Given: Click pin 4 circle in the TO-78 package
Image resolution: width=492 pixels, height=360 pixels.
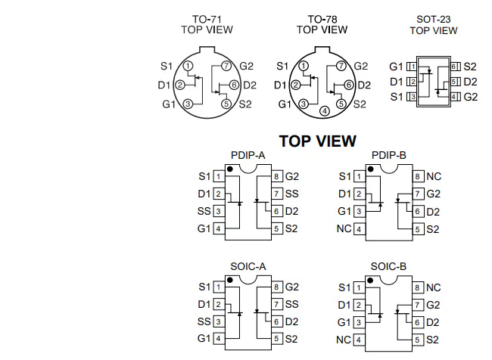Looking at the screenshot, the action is pos(325,111).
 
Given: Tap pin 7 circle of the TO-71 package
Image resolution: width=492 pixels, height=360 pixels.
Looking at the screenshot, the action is pos(226,66).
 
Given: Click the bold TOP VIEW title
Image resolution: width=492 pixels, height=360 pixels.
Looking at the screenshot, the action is pos(318,141).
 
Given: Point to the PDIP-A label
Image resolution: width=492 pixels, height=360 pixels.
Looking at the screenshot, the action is pos(248,155).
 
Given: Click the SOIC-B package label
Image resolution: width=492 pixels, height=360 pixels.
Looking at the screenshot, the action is pos(388,266).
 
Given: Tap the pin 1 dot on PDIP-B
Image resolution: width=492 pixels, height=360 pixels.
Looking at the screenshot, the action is pos(371,169).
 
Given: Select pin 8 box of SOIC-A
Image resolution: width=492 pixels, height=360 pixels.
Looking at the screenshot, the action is pos(276,287).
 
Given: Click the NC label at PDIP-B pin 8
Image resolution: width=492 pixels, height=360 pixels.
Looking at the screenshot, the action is pos(434,176).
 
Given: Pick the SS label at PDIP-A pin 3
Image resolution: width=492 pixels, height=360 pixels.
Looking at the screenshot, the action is pos(204,211).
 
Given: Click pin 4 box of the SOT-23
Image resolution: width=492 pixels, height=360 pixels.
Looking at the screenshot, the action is pos(455,97).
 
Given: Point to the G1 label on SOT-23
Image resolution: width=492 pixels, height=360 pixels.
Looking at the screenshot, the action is pos(396,67).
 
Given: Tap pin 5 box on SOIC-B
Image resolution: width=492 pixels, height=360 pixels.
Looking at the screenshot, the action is pos(417,340).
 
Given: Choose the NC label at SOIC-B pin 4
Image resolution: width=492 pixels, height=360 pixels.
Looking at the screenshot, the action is pos(344,340).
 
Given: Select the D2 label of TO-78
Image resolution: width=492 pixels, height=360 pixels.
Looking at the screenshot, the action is pos(364,85).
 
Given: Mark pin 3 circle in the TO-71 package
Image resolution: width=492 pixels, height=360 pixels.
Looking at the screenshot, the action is pos(188,104).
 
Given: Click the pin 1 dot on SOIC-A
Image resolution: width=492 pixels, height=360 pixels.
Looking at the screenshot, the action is pos(230,280).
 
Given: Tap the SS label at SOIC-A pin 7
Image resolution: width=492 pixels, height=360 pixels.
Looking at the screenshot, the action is pos(292,304).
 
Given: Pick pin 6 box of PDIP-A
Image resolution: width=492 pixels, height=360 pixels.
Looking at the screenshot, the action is pos(276,211).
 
